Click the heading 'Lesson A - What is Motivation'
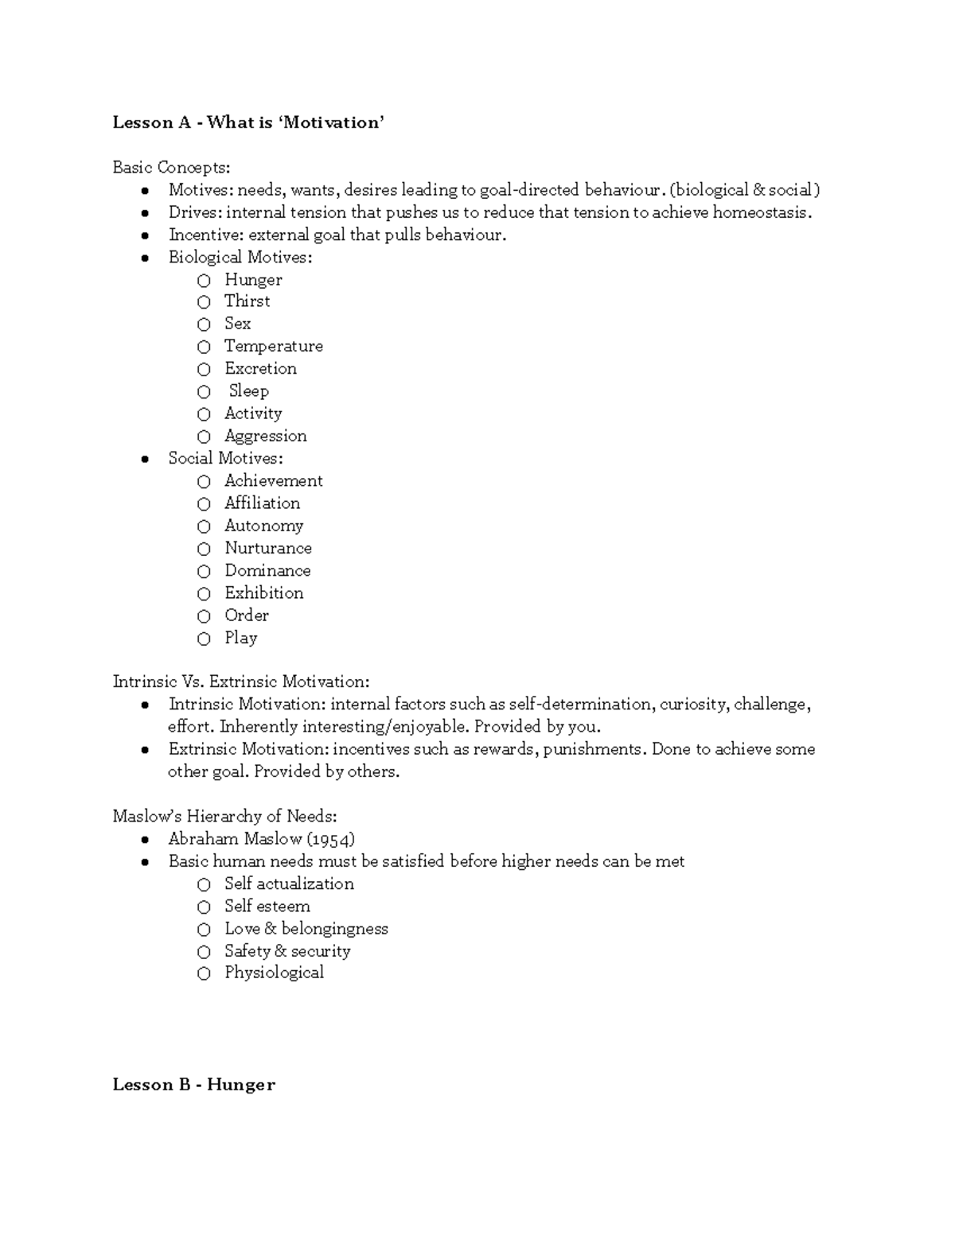click(248, 122)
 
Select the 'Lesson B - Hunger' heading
click(193, 1085)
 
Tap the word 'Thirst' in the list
click(247, 301)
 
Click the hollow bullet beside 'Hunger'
click(205, 280)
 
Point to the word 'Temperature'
click(273, 346)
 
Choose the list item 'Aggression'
click(265, 436)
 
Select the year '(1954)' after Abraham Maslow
click(330, 839)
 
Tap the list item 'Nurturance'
click(267, 548)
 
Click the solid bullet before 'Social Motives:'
click(144, 459)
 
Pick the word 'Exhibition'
click(263, 593)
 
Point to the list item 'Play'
click(240, 638)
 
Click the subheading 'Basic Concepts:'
click(171, 167)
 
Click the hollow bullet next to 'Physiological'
click(205, 973)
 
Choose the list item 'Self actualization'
click(289, 884)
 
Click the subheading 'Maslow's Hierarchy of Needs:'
click(224, 817)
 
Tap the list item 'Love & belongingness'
click(306, 929)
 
